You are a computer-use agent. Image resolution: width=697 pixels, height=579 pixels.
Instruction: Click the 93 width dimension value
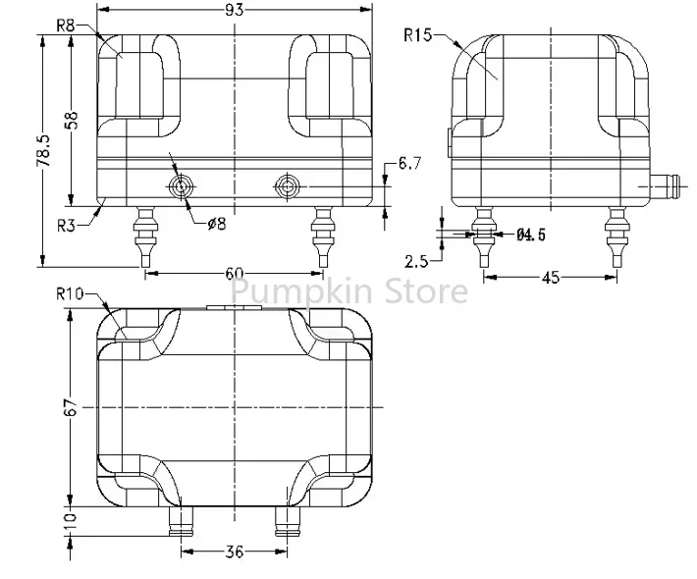coord(235,9)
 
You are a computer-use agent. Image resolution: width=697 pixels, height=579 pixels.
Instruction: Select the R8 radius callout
coord(66,26)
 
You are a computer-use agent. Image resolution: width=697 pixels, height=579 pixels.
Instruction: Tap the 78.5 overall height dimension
coord(43,151)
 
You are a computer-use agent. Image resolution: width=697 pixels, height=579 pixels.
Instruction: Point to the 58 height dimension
coord(71,120)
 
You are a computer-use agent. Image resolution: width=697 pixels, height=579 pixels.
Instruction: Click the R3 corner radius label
coord(66,226)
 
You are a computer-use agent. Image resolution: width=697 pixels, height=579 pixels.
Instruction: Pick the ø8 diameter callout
coord(217,224)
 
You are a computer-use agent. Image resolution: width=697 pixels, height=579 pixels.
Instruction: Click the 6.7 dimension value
coord(409,164)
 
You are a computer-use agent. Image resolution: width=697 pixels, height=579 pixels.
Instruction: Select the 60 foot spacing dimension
coord(235,273)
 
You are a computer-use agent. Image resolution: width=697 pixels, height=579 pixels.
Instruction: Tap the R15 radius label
coord(417,34)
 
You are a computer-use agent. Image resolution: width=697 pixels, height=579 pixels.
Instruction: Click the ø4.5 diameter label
coord(531,235)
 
